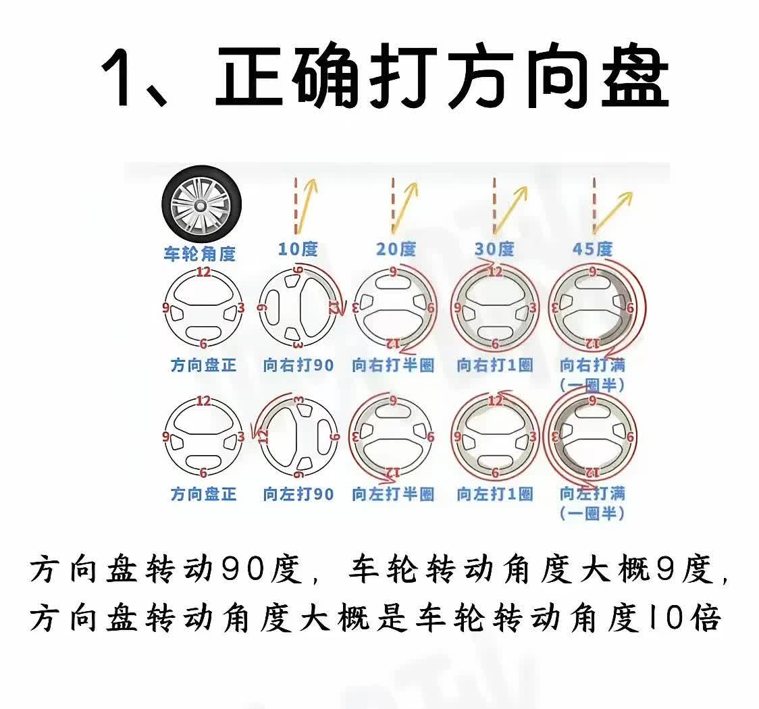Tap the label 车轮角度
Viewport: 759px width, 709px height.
(x=199, y=254)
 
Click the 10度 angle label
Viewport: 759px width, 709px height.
(x=298, y=249)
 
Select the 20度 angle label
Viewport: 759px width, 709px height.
(x=396, y=249)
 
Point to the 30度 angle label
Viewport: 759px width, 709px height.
(x=494, y=249)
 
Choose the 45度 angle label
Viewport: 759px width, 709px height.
(x=592, y=249)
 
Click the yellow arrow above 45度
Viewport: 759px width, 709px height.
(x=613, y=212)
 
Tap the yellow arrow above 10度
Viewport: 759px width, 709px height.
(x=307, y=206)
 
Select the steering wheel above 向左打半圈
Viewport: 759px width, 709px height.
(x=393, y=436)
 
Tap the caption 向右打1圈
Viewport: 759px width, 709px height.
(x=495, y=365)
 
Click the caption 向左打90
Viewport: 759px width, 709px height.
(x=298, y=494)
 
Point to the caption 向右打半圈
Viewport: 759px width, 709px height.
(x=393, y=365)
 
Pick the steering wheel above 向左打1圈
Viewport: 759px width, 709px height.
(x=495, y=436)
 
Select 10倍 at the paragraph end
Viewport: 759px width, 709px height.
(x=683, y=618)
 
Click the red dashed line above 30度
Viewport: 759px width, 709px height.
(x=494, y=206)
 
